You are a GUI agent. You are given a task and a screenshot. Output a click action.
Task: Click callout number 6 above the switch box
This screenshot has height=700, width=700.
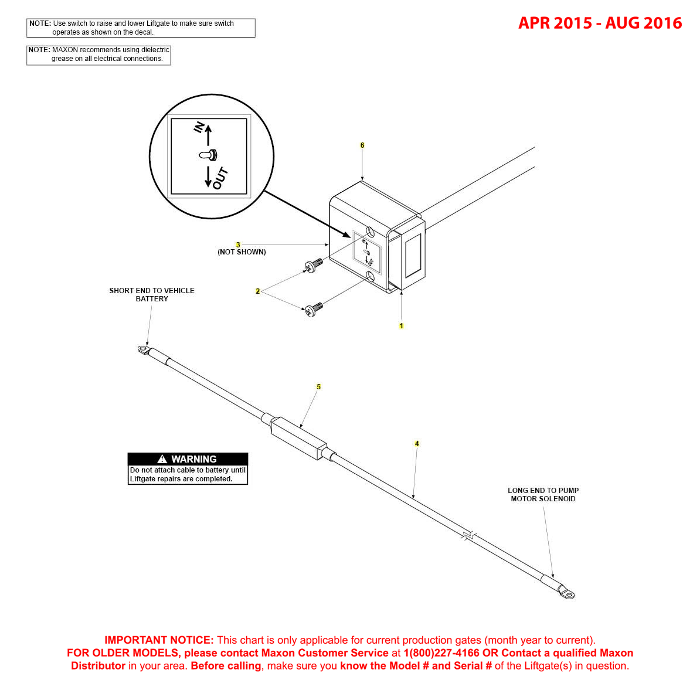362,145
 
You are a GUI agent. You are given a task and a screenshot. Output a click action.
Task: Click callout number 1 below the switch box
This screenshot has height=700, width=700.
402,325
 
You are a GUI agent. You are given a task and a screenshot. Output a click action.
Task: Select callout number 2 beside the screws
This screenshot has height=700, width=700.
257,291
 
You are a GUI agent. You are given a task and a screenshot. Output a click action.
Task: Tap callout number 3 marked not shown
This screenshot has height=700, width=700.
238,244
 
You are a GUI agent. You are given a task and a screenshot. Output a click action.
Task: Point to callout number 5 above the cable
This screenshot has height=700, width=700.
319,386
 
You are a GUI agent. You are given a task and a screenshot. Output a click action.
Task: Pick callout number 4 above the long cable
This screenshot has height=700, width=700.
417,444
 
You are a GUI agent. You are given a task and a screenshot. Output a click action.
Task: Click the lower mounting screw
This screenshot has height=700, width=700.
312,309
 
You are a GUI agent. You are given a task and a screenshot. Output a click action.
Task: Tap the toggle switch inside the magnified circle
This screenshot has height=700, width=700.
208,155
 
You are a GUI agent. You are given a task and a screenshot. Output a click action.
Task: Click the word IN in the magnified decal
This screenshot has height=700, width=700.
199,127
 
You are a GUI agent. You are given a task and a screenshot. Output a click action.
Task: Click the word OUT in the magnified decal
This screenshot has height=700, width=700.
220,179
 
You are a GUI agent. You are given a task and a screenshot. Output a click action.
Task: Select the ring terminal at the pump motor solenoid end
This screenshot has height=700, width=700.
566,593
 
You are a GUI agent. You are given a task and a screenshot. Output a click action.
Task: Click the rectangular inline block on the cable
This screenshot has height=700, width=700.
298,439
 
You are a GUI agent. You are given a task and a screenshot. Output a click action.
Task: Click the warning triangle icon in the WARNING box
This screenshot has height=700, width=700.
162,459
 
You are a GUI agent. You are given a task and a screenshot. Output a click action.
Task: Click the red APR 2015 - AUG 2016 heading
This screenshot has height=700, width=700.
600,23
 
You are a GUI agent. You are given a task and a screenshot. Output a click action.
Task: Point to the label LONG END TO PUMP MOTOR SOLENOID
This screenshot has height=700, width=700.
543,494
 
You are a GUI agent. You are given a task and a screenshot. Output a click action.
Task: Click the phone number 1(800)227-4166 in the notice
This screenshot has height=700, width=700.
441,653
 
